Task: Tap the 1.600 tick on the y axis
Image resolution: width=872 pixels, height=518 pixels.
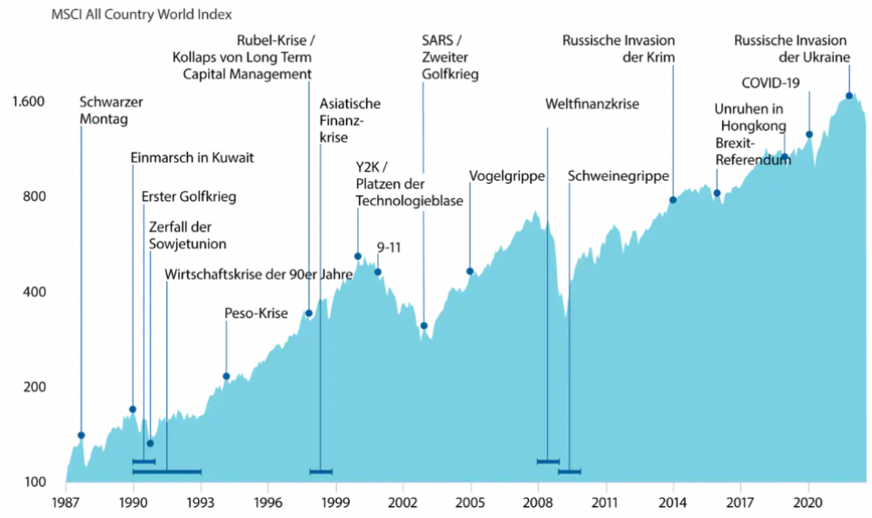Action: (x=28, y=101)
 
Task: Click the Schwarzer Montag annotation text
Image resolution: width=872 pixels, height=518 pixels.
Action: (x=110, y=110)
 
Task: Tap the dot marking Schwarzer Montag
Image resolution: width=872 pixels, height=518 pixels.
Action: (x=81, y=435)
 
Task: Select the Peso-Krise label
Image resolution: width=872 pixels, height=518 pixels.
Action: (x=256, y=314)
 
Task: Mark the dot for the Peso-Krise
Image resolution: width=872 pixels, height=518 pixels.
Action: (x=226, y=376)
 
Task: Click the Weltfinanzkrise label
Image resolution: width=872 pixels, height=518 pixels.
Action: (x=592, y=105)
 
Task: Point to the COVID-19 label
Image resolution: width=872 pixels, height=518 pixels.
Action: (x=770, y=83)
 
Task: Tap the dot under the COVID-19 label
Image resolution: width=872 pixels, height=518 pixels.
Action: (x=808, y=134)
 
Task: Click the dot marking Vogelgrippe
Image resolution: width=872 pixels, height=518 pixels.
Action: (x=470, y=271)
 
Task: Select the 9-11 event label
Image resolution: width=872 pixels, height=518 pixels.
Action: (x=388, y=246)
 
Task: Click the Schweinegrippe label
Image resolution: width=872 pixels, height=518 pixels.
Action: (x=618, y=175)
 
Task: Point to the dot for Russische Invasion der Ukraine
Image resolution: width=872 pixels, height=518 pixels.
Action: (x=849, y=95)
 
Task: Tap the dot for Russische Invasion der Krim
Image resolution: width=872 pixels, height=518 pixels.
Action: (x=673, y=200)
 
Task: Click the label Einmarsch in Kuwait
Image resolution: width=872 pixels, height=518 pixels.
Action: (x=192, y=157)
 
